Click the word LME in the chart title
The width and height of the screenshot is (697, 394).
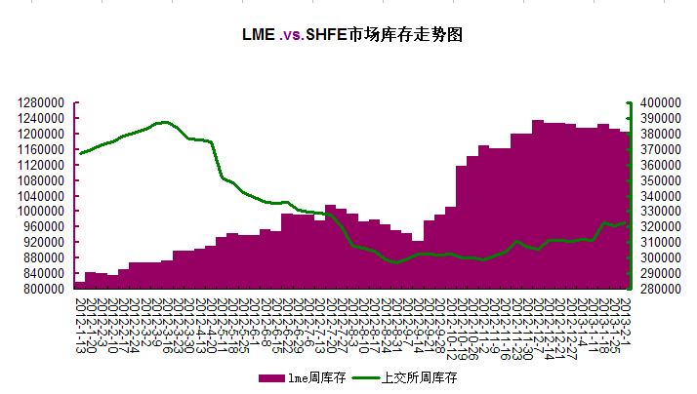(x=258, y=34)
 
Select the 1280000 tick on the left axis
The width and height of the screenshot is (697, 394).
(x=40, y=102)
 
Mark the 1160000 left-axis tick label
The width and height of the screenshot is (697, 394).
(x=40, y=149)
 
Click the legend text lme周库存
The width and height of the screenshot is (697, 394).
(x=312, y=376)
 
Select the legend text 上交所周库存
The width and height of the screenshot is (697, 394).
(x=423, y=376)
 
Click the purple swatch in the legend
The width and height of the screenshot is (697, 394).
(x=270, y=376)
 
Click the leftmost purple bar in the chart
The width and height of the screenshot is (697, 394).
(x=79, y=286)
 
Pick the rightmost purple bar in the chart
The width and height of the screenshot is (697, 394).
(x=625, y=210)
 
